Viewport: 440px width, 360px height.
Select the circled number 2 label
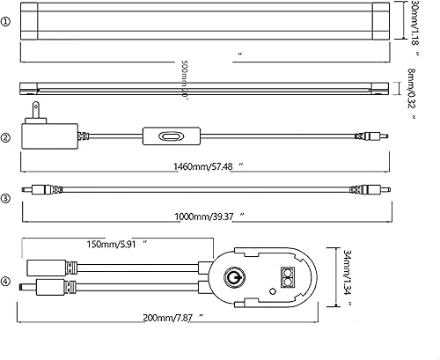[x=8, y=138]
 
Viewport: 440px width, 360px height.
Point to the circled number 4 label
[x=8, y=282]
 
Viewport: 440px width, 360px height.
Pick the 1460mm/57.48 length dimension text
[x=202, y=165]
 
